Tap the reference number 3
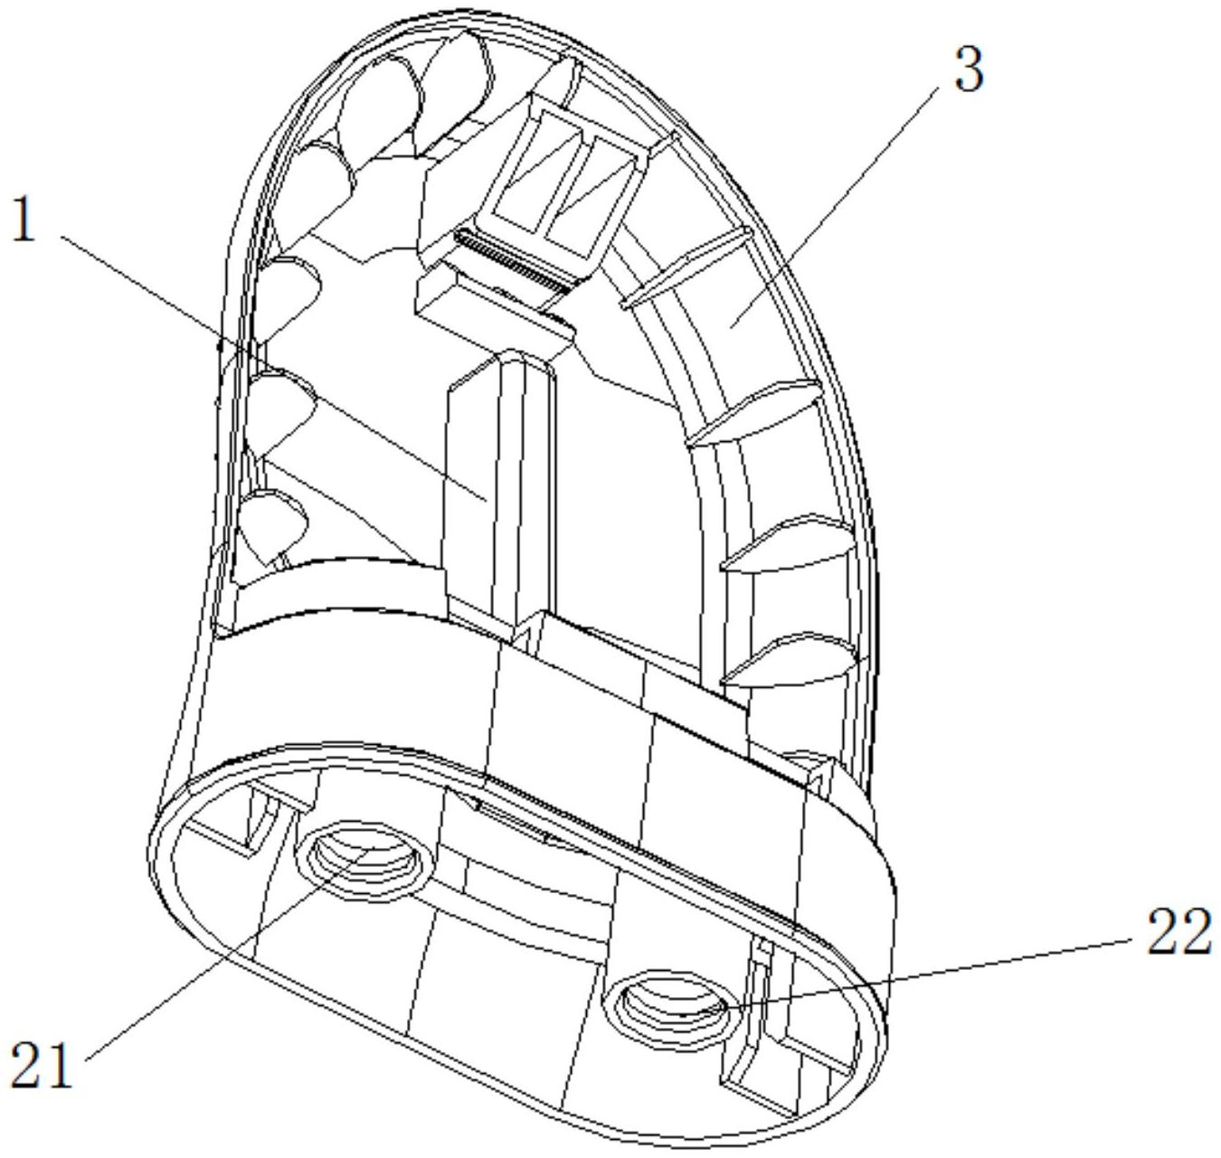coord(967,71)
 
